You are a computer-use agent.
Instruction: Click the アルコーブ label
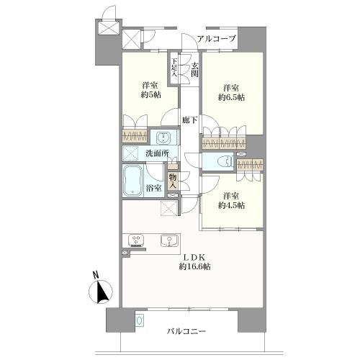click(217, 39)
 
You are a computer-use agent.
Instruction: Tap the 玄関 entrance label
click(194, 70)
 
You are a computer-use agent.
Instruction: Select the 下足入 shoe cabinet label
click(174, 68)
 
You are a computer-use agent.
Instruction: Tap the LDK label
click(194, 258)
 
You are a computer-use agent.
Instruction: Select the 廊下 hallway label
click(189, 120)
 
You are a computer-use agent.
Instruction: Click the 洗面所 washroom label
click(158, 153)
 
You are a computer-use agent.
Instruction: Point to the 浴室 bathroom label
click(153, 188)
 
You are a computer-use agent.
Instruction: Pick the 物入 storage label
click(173, 181)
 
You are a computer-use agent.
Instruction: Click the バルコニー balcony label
click(186, 331)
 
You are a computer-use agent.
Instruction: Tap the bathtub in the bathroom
click(132, 181)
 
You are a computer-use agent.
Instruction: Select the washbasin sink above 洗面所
click(164, 138)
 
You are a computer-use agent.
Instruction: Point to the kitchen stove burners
click(136, 240)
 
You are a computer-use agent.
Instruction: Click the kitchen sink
click(170, 240)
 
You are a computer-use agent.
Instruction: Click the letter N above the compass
click(96, 275)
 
